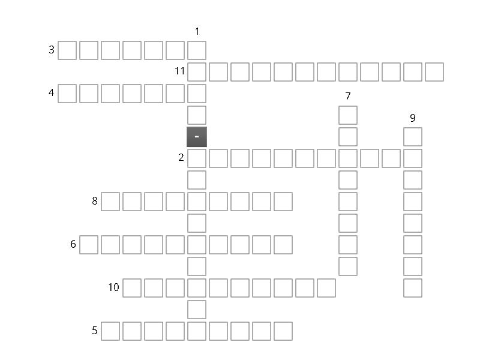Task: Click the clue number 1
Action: pyautogui.click(x=197, y=31)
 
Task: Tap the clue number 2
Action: pyautogui.click(x=181, y=157)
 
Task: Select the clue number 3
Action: pyautogui.click(x=52, y=50)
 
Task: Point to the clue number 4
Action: pyautogui.click(x=52, y=92)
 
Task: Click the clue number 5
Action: pyautogui.click(x=95, y=331)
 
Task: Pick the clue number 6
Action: pyautogui.click(x=73, y=244)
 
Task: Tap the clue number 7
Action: pyautogui.click(x=348, y=96)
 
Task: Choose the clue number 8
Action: pyautogui.click(x=95, y=201)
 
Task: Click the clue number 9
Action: pyautogui.click(x=413, y=118)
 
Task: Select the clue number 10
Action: pyautogui.click(x=113, y=287)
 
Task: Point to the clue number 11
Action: pyautogui.click(x=179, y=71)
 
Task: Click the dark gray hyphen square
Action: pyautogui.click(x=197, y=137)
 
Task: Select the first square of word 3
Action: pyautogui.click(x=67, y=50)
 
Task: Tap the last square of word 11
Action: pyautogui.click(x=434, y=72)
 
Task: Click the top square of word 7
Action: pyautogui.click(x=348, y=115)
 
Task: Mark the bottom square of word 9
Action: pyautogui.click(x=413, y=288)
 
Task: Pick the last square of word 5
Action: pyautogui.click(x=283, y=331)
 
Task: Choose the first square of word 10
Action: pyautogui.click(x=132, y=288)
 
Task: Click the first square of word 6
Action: pyautogui.click(x=89, y=245)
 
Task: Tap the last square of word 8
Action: pyautogui.click(x=283, y=202)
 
